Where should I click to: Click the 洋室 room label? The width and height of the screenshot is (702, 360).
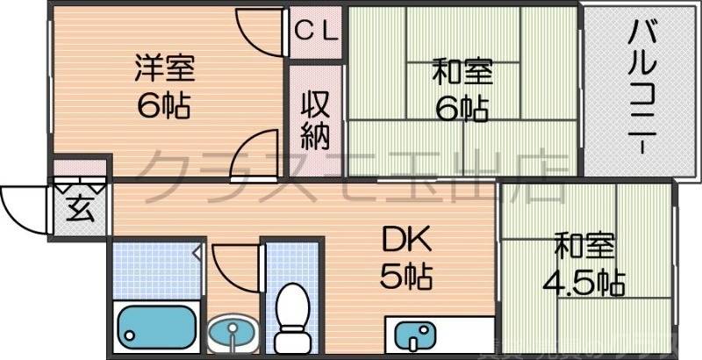(x=165, y=67)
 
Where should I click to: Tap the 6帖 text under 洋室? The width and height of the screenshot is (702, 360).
(x=164, y=105)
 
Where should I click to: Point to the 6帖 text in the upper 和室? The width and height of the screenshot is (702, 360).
(x=462, y=109)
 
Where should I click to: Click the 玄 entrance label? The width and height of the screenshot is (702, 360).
(x=80, y=211)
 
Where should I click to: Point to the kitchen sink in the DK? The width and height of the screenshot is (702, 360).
(x=413, y=335)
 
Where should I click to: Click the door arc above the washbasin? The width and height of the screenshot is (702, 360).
(x=235, y=263)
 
